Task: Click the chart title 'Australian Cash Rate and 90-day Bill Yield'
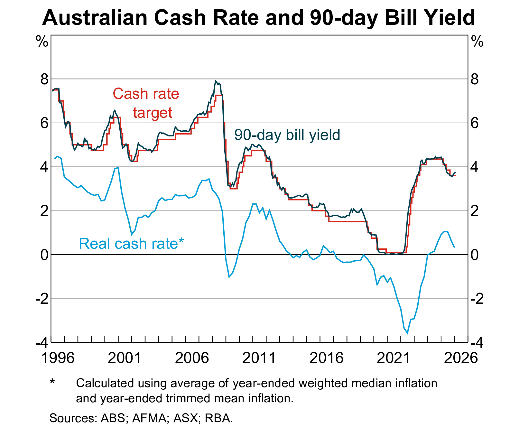tap(259, 17)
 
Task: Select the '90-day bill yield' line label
tap(287, 135)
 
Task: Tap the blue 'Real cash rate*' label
tap(131, 244)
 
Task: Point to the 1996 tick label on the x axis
tap(58, 358)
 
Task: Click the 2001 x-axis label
tap(125, 358)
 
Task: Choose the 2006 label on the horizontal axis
tap(192, 358)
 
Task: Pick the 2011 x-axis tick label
tap(259, 358)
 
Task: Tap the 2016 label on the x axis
tap(326, 358)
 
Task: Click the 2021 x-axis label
tap(394, 358)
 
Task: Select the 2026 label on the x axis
tap(461, 358)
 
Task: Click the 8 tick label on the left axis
tap(44, 79)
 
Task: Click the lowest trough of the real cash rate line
tap(407, 333)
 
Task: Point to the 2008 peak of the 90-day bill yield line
tap(216, 81)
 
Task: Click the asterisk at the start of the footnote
tap(52, 382)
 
